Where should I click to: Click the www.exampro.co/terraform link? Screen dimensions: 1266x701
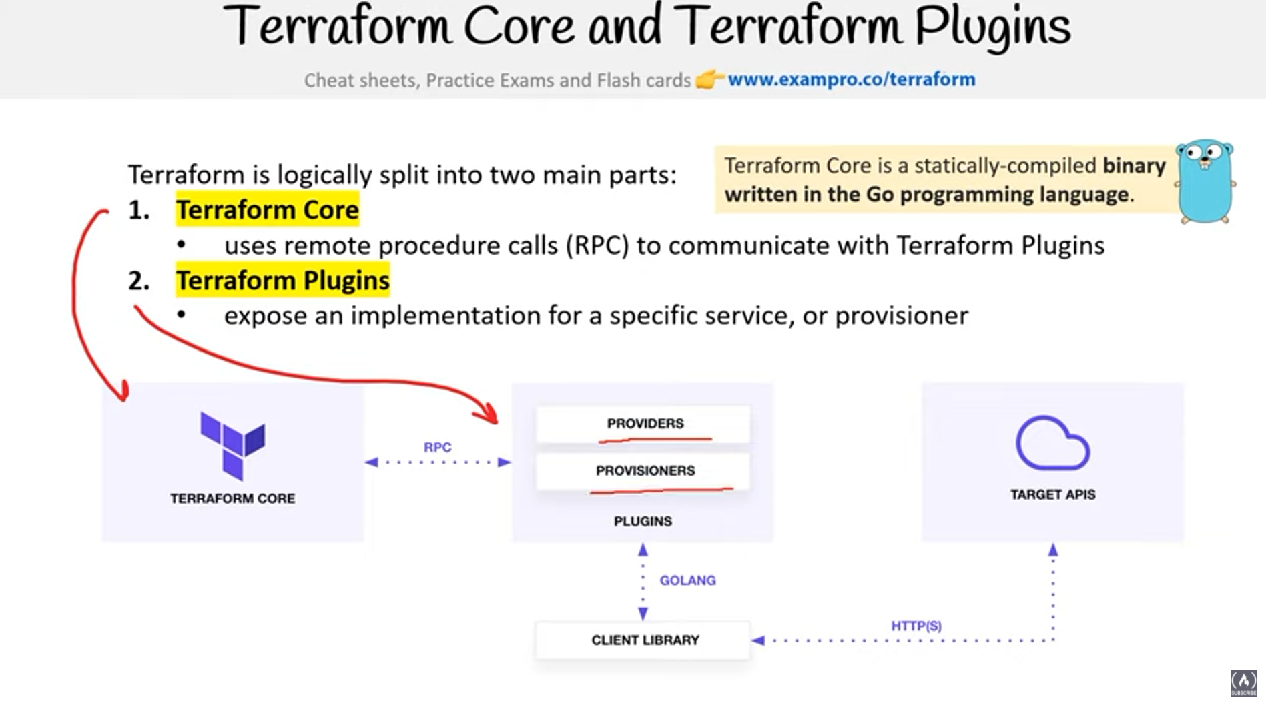pyautogui.click(x=851, y=79)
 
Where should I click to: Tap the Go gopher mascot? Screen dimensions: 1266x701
pyautogui.click(x=1205, y=181)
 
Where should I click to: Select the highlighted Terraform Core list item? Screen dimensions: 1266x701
pyautogui.click(x=267, y=210)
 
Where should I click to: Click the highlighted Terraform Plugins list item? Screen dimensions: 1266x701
pyautogui.click(x=282, y=281)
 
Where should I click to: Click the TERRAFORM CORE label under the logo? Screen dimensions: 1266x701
pyautogui.click(x=232, y=498)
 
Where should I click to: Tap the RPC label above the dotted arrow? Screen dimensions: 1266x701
pyautogui.click(x=437, y=447)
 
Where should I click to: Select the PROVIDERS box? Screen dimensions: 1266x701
pyautogui.click(x=644, y=424)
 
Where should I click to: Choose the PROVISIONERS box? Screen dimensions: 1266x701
pyautogui.click(x=644, y=471)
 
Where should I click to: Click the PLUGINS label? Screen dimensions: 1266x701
pyautogui.click(x=643, y=521)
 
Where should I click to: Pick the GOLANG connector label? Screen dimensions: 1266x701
pyautogui.click(x=687, y=580)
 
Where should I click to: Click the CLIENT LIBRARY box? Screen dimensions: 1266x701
pyautogui.click(x=644, y=640)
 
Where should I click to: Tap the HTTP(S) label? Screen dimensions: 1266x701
pyautogui.click(x=916, y=626)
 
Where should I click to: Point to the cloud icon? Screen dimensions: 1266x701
pyautogui.click(x=1052, y=443)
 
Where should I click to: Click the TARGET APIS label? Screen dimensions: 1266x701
pyautogui.click(x=1052, y=494)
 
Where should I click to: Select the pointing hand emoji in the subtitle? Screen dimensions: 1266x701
pyautogui.click(x=709, y=79)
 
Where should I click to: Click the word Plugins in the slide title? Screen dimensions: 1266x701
pyautogui.click(x=992, y=28)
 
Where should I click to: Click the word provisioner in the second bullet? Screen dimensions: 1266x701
pyautogui.click(x=901, y=315)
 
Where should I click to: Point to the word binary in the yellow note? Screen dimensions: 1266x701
pyautogui.click(x=1133, y=165)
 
